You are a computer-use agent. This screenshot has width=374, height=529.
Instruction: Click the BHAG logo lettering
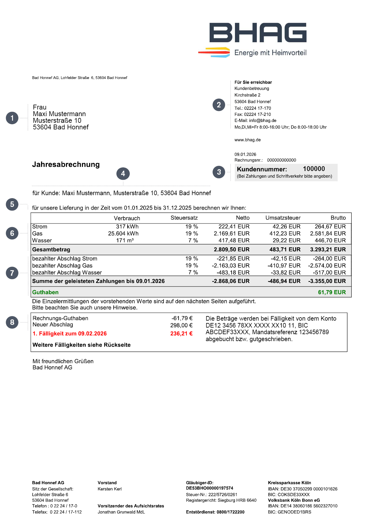258,33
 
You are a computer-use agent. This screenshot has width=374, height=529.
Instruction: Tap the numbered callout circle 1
12,118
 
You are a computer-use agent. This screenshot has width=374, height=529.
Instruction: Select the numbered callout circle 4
123,174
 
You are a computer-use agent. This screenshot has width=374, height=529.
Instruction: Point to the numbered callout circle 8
12,322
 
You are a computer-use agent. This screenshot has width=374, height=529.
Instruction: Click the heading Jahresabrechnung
66,164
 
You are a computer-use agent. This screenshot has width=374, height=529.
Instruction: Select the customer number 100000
314,169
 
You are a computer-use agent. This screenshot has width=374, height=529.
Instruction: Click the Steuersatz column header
184,218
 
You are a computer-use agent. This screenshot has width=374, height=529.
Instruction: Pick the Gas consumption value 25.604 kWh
123,233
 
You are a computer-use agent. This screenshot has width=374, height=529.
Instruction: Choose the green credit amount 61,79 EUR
332,292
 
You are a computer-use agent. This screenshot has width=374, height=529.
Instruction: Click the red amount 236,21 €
181,334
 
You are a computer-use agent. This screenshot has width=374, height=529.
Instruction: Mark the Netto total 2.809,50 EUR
232,249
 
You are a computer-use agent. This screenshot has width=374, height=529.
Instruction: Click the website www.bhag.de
248,140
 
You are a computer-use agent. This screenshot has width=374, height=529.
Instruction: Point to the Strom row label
40,226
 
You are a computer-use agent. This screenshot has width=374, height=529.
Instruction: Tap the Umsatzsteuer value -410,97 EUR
284,265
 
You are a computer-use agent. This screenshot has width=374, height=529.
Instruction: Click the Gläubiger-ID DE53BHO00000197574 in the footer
210,488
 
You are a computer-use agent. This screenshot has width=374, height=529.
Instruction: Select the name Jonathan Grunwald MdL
121,512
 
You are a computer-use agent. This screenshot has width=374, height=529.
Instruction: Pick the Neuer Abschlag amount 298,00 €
181,325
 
